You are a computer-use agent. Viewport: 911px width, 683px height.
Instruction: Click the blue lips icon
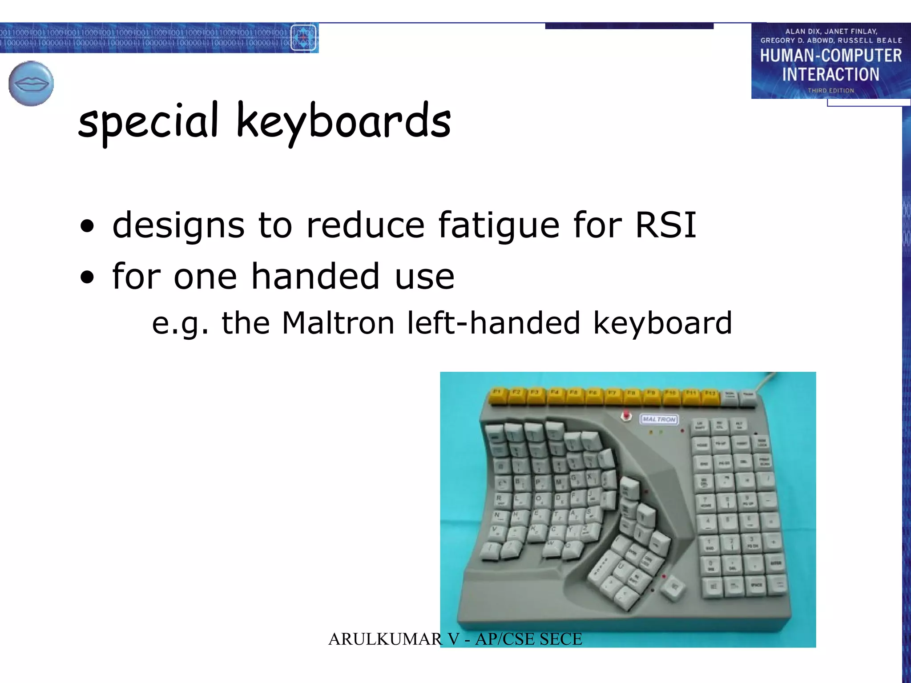click(31, 84)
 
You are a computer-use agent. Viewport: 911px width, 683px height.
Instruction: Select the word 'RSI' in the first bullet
click(665, 225)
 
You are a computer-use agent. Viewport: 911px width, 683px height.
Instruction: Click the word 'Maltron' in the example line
click(338, 323)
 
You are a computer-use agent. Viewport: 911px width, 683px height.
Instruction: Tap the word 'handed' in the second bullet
click(315, 277)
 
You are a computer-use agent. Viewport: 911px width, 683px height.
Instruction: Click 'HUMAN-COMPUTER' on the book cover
click(830, 56)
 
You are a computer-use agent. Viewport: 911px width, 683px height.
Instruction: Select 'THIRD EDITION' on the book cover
click(830, 91)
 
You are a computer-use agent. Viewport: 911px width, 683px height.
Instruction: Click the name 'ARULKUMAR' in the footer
click(385, 639)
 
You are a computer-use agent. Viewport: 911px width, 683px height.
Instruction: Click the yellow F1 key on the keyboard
click(498, 395)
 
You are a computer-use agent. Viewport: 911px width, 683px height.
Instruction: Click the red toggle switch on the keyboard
click(626, 416)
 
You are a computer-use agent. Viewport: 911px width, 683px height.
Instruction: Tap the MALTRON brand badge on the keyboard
click(659, 419)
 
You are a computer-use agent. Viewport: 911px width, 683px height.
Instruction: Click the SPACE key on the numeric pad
click(756, 585)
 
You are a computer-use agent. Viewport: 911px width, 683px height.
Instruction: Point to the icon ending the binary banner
click(303, 38)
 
